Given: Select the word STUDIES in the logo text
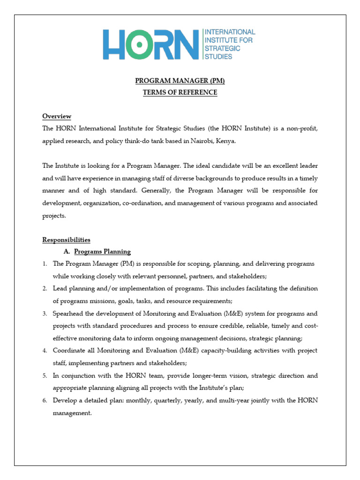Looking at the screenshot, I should (x=218, y=56).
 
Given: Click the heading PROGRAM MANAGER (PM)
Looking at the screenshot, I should (x=180, y=81).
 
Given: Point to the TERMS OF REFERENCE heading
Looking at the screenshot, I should (x=180, y=92).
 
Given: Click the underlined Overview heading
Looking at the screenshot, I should (x=57, y=116).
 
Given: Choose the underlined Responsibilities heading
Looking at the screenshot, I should (x=66, y=240).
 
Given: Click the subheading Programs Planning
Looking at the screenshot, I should (x=102, y=252).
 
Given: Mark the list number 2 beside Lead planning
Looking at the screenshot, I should (x=45, y=288).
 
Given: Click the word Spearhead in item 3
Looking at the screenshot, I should (x=68, y=313).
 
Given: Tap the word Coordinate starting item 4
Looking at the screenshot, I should (x=69, y=350).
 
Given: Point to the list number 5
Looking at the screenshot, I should (x=45, y=375).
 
